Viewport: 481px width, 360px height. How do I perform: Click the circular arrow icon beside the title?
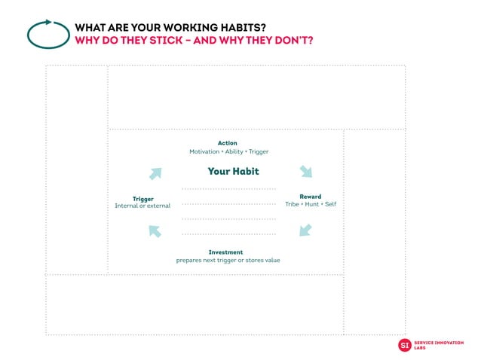tap(48, 33)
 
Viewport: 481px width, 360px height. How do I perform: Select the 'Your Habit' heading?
tap(233, 171)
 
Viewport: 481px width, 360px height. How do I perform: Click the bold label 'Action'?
tap(227, 143)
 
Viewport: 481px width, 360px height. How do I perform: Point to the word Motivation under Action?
tap(204, 151)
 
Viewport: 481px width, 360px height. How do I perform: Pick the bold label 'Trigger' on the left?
tap(143, 198)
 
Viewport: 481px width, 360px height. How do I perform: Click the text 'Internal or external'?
tap(142, 206)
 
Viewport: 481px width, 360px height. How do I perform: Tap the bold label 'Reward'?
tap(310, 197)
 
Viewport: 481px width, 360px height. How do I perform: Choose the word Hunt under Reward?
tap(311, 204)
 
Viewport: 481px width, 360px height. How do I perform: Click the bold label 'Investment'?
tap(226, 252)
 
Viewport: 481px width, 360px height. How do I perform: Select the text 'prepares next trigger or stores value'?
tap(228, 261)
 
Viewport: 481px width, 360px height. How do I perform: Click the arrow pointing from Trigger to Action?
tap(155, 173)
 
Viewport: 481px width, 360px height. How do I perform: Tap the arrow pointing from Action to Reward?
tap(305, 172)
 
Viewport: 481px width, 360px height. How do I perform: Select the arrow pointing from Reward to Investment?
tap(305, 230)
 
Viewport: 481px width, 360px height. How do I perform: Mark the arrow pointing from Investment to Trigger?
tap(155, 231)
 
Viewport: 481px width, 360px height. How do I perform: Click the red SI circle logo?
tap(405, 345)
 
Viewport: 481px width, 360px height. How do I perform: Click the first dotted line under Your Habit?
tap(228, 188)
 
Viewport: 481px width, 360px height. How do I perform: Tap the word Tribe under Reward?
tap(291, 204)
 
